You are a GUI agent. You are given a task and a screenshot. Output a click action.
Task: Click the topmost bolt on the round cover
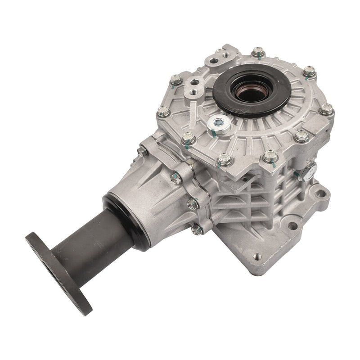258,53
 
